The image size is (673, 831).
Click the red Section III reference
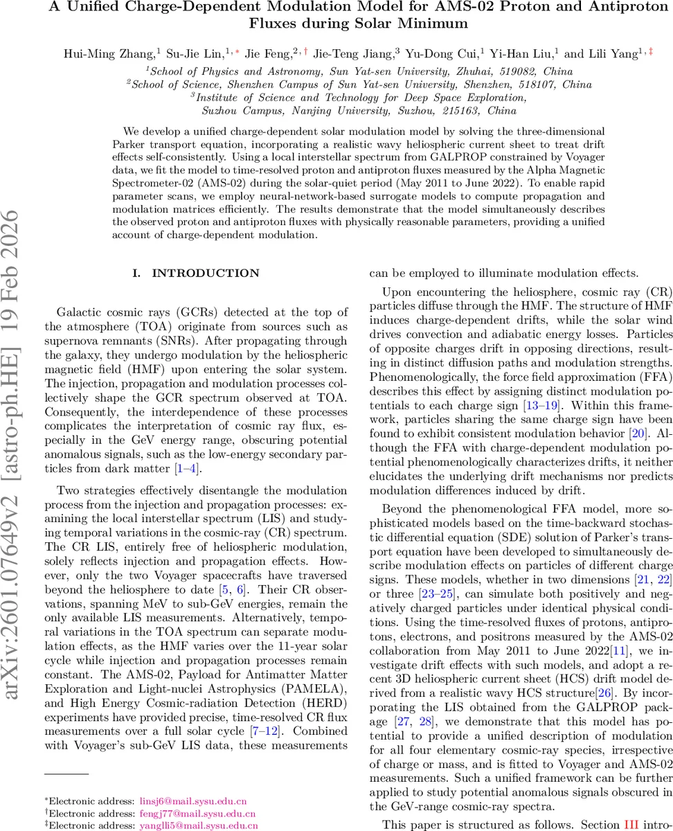coord(630,824)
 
